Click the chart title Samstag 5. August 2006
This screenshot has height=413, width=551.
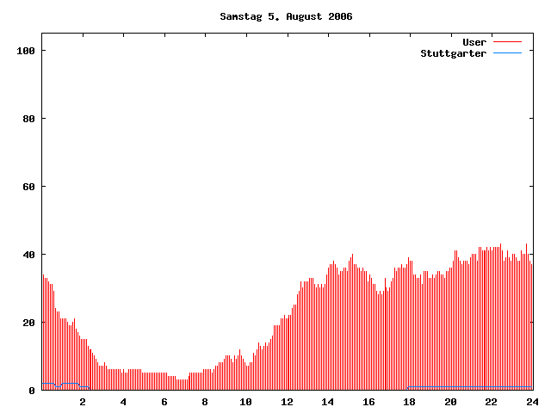click(x=286, y=16)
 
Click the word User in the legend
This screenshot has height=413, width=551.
click(x=474, y=42)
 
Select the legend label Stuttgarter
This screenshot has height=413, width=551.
click(x=453, y=53)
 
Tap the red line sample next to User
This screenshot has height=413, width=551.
click(x=508, y=42)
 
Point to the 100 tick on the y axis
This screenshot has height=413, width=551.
click(x=25, y=51)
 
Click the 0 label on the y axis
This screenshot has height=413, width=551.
click(x=32, y=391)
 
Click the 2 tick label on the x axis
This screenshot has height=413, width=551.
click(x=83, y=402)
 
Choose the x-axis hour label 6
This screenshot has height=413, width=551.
click(x=164, y=402)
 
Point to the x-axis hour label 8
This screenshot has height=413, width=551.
click(x=205, y=402)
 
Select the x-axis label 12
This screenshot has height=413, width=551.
click(x=287, y=402)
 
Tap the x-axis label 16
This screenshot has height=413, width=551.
click(x=368, y=402)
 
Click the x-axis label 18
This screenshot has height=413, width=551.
click(x=409, y=402)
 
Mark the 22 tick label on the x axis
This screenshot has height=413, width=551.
click(x=491, y=402)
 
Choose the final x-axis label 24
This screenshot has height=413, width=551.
click(x=531, y=402)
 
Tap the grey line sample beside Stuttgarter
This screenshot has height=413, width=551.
click(x=508, y=53)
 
